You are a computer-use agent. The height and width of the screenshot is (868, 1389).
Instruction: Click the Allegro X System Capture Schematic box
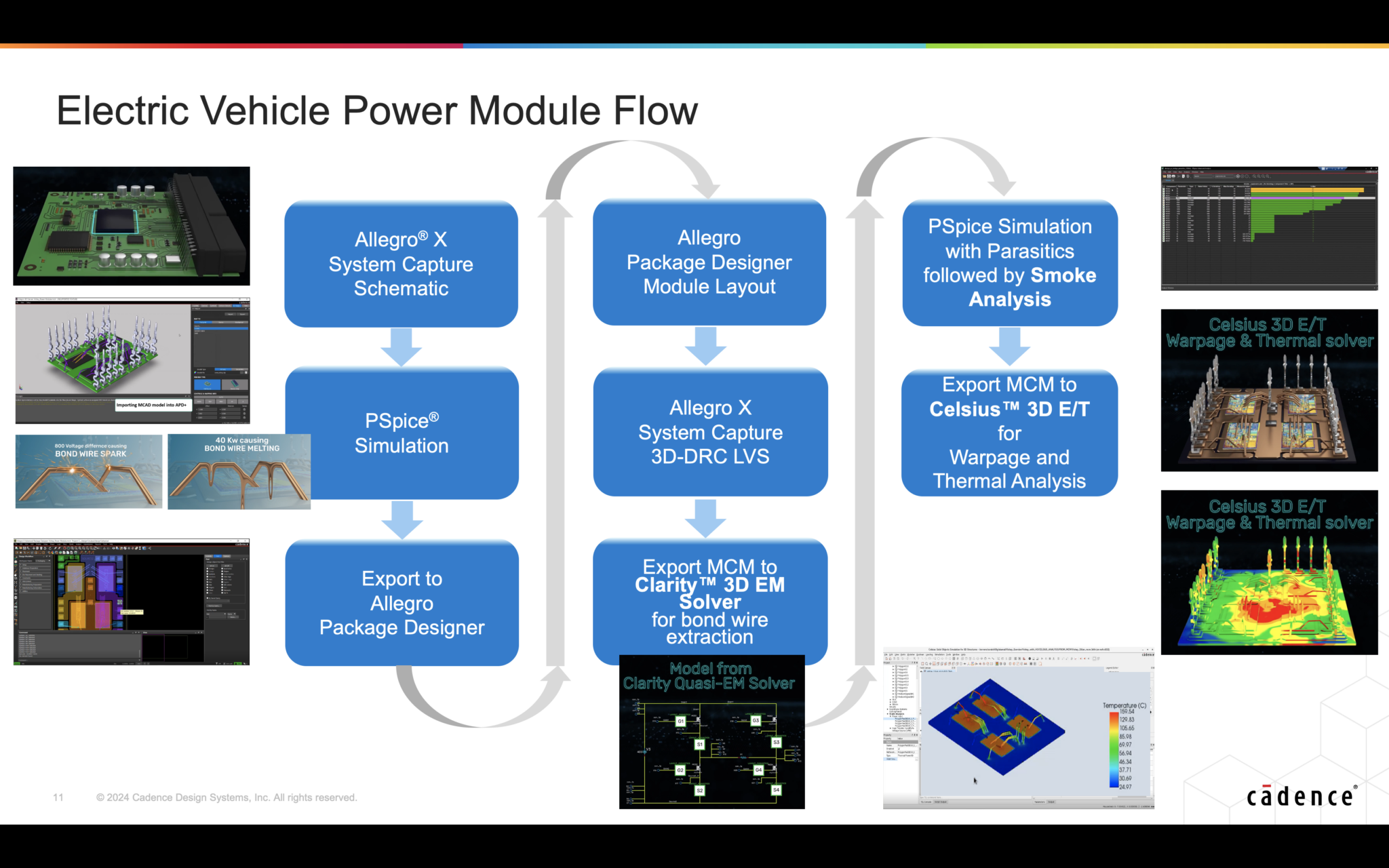[x=401, y=264]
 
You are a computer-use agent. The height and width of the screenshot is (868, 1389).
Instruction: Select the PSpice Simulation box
[x=402, y=433]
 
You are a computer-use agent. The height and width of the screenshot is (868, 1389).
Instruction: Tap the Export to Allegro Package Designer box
[x=402, y=603]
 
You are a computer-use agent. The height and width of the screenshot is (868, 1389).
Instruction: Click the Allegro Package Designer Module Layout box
[x=709, y=262]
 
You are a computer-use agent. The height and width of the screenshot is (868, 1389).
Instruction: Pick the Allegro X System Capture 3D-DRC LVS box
[x=710, y=432]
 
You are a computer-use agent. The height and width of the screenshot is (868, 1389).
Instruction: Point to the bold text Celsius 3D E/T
[x=1009, y=409]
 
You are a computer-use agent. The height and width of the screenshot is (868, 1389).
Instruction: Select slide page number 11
[x=58, y=797]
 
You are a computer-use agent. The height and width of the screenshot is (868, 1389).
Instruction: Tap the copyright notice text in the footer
[x=227, y=797]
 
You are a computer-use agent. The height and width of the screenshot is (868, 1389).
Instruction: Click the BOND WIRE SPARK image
[x=89, y=471]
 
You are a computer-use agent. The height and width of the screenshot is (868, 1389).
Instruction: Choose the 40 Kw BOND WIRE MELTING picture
[x=239, y=471]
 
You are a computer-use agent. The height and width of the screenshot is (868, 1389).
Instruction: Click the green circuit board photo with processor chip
[x=132, y=226]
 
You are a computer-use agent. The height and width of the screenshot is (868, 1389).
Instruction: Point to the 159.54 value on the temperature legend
[x=1127, y=712]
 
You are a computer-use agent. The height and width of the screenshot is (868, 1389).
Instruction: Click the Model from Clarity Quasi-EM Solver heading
[x=709, y=676]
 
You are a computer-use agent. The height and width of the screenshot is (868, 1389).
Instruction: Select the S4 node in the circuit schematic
[x=776, y=790]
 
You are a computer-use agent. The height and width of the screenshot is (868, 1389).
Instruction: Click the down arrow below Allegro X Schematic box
[x=402, y=347]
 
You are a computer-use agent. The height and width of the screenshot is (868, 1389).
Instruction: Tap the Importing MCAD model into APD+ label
[x=151, y=405]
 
